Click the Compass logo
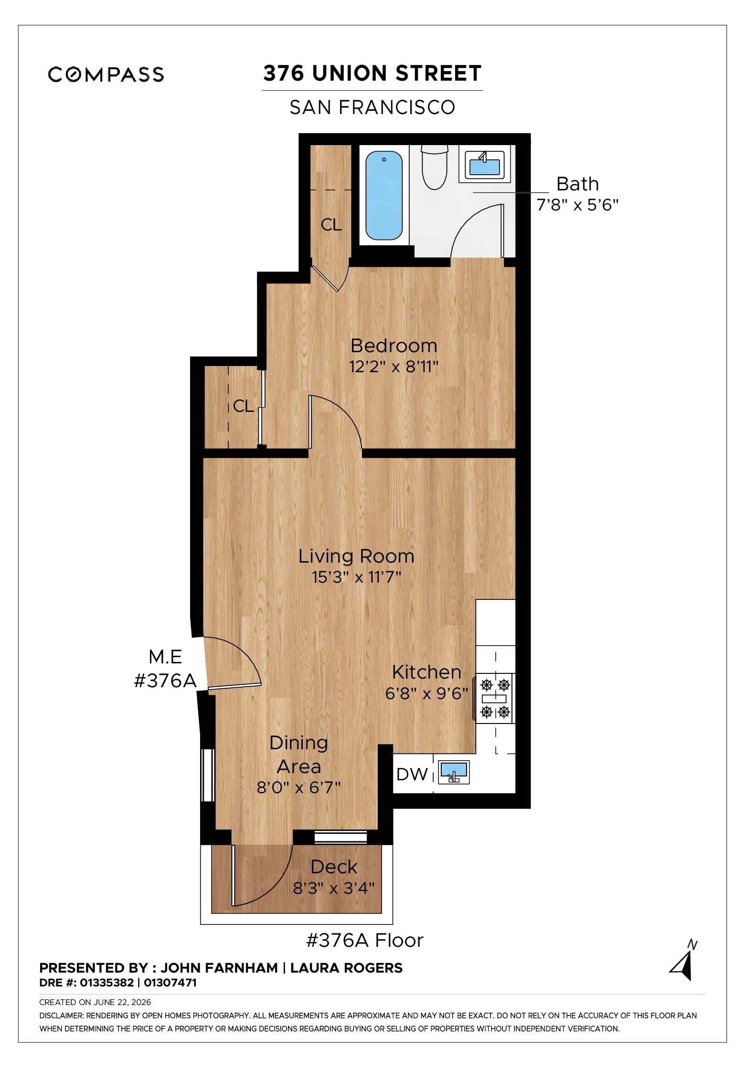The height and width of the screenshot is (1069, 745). [106, 74]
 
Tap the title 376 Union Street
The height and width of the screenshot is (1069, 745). [372, 73]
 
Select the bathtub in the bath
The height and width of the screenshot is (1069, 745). [383, 196]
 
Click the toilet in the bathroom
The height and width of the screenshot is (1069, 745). [435, 167]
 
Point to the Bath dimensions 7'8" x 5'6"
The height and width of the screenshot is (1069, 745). [578, 206]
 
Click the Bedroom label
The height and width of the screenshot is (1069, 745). [394, 345]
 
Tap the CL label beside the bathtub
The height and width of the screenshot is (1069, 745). [331, 225]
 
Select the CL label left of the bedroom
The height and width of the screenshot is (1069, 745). [243, 406]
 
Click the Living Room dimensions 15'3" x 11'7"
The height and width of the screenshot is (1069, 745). [356, 577]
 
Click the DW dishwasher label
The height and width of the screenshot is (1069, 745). [412, 774]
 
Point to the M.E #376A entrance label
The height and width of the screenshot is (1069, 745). [166, 669]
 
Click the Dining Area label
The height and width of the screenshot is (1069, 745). [299, 755]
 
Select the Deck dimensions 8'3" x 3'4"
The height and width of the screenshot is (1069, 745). [334, 888]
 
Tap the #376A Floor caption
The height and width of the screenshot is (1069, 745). [364, 941]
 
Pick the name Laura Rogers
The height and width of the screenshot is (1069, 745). [346, 968]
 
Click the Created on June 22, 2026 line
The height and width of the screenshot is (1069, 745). [95, 1003]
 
